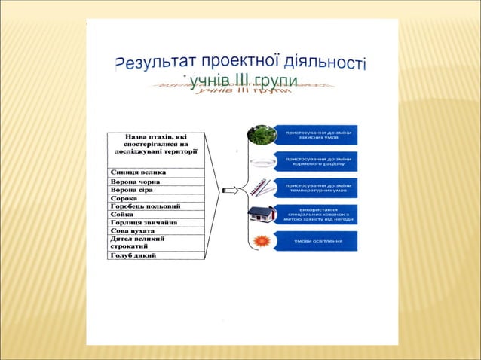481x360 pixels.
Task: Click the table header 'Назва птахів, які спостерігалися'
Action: tap(155, 143)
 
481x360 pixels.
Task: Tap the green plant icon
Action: tap(261, 135)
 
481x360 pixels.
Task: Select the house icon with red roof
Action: tap(261, 214)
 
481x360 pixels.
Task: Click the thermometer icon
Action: tap(260, 187)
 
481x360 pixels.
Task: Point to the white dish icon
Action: tap(261, 161)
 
